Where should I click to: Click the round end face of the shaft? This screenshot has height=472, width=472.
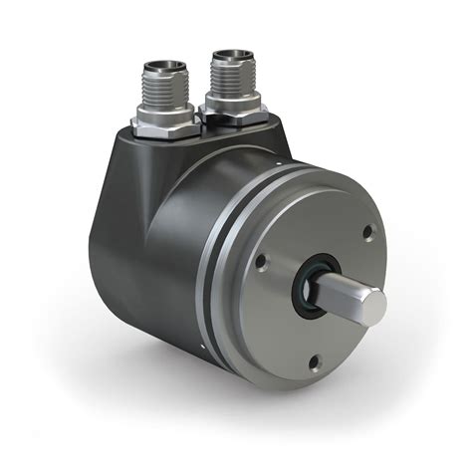point(371,306)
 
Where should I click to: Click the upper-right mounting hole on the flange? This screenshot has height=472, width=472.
point(367,231)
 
